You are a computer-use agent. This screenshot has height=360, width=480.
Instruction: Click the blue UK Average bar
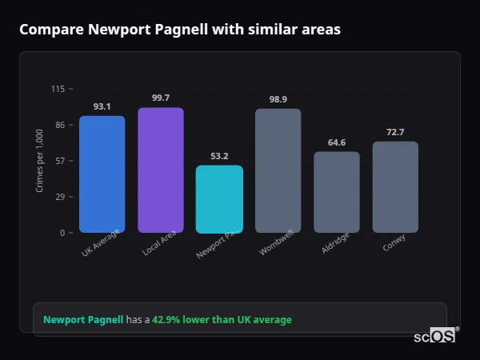pyautogui.click(x=102, y=174)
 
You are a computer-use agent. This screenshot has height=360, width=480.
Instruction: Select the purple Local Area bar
pyautogui.click(x=160, y=170)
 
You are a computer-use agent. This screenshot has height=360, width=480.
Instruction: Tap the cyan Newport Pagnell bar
pyautogui.click(x=219, y=199)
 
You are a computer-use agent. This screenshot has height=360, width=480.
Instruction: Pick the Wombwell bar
pyautogui.click(x=278, y=171)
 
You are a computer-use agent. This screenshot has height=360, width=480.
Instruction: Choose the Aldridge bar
pyautogui.click(x=336, y=192)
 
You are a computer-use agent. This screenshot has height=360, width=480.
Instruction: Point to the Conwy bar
pyautogui.click(x=395, y=187)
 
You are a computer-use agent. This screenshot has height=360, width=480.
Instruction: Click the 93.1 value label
pyautogui.click(x=102, y=106)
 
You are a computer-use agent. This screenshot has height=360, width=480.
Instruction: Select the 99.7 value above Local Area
pyautogui.click(x=160, y=98)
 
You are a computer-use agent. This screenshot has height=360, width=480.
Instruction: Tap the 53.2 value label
pyautogui.click(x=219, y=156)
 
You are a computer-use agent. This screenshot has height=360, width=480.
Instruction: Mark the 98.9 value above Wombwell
pyautogui.click(x=278, y=99)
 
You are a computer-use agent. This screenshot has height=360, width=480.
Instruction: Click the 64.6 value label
pyautogui.click(x=336, y=142)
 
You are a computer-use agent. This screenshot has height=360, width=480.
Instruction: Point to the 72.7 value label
pyautogui.click(x=395, y=132)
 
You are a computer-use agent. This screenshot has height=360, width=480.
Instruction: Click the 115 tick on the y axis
pyautogui.click(x=58, y=89)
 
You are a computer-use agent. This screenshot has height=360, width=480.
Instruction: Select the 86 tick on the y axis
pyautogui.click(x=60, y=125)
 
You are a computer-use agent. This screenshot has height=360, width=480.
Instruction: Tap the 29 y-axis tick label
pyautogui.click(x=60, y=197)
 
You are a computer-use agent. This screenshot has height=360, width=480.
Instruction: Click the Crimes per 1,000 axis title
pyautogui.click(x=40, y=162)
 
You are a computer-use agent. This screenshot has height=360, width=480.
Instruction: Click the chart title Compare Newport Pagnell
pyautogui.click(x=180, y=30)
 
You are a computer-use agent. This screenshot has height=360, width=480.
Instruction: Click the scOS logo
pyautogui.click(x=434, y=336)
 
